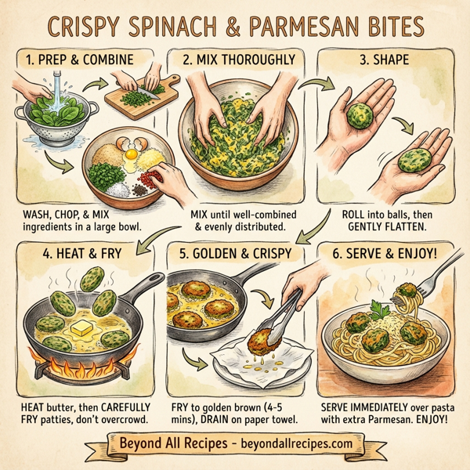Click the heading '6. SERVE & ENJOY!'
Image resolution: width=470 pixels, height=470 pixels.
(388, 255)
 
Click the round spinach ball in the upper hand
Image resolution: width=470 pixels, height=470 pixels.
(362, 115)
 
